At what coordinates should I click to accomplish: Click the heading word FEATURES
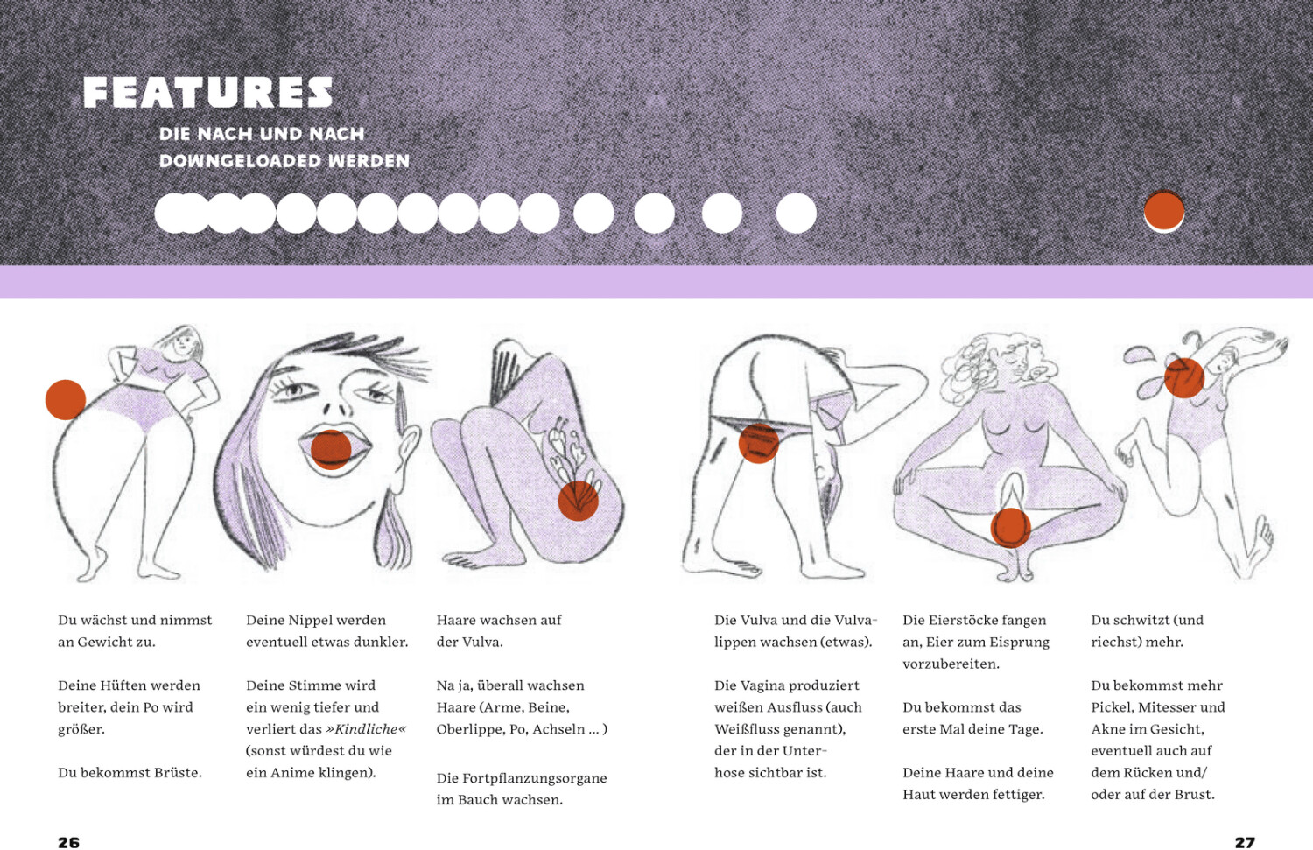(x=208, y=93)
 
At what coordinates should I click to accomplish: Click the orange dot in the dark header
(x=1164, y=210)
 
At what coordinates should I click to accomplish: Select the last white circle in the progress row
(x=796, y=214)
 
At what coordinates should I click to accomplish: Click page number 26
(x=68, y=842)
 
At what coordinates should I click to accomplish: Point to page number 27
(x=1245, y=842)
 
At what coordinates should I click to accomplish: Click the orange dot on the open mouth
(x=331, y=450)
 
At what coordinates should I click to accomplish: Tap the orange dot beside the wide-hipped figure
(x=66, y=400)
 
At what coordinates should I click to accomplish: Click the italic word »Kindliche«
(x=366, y=729)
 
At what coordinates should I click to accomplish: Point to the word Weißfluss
(x=741, y=729)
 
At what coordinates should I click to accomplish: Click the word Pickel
(x=1112, y=707)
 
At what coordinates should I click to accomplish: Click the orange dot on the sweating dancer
(x=1184, y=378)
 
